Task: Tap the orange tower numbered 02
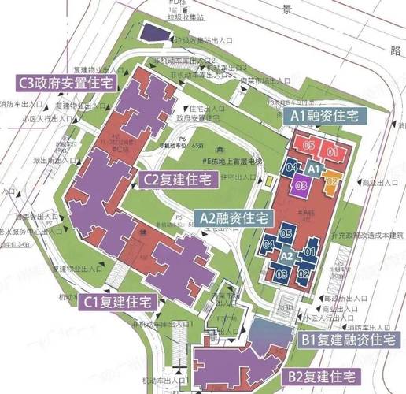point(332,180)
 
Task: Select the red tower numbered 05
point(309,147)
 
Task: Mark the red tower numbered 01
point(332,151)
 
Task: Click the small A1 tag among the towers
point(313,169)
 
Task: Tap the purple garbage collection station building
point(157,34)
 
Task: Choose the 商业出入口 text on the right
point(379,183)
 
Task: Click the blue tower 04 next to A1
point(292,167)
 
